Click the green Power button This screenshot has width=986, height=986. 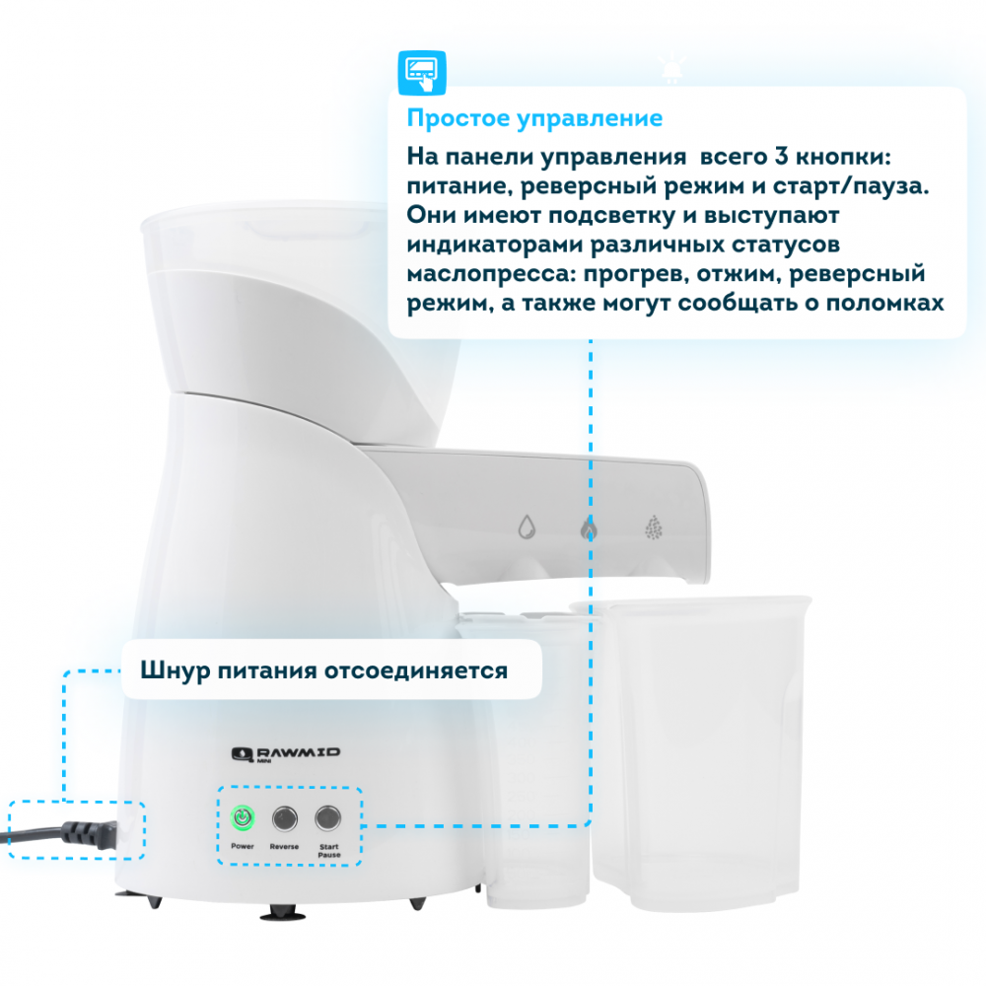(x=243, y=818)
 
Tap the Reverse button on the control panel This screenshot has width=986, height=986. (x=285, y=818)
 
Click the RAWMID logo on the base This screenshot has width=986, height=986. (x=286, y=754)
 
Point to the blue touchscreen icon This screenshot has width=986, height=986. (x=422, y=73)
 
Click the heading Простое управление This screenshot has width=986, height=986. (x=534, y=118)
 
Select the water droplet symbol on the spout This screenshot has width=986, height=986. (x=527, y=527)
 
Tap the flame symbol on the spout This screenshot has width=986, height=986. (x=589, y=528)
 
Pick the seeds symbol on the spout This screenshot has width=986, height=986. (x=654, y=528)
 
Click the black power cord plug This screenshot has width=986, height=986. (x=88, y=834)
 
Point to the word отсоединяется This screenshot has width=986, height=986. (x=416, y=670)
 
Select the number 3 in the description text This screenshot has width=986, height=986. (x=780, y=156)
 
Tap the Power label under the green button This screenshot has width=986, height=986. (x=243, y=846)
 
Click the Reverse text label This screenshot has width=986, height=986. (x=284, y=846)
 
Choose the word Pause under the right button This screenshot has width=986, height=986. (x=329, y=855)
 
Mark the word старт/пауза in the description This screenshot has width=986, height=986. (x=851, y=186)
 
